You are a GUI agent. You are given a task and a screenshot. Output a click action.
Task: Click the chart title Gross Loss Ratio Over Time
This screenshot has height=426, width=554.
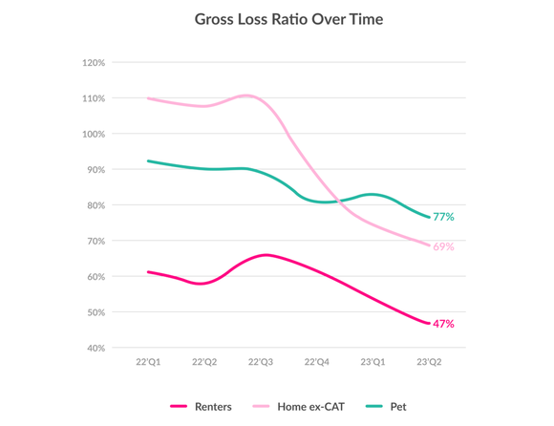point(288,19)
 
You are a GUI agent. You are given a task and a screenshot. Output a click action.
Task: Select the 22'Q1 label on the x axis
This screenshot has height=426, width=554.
point(149,363)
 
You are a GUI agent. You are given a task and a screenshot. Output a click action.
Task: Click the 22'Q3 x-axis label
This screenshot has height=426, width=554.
point(261,363)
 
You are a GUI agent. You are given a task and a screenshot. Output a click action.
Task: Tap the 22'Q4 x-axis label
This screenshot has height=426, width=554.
point(317,363)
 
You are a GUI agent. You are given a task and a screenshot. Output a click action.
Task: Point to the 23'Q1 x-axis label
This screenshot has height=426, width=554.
point(373,363)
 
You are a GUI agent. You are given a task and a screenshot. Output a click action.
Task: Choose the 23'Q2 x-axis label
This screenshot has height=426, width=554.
point(428,363)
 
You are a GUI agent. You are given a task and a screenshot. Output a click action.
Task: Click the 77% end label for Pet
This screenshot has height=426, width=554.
point(443,218)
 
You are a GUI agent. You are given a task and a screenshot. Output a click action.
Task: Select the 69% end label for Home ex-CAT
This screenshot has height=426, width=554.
point(443,247)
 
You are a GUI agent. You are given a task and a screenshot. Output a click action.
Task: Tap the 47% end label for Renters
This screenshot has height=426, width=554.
point(443,325)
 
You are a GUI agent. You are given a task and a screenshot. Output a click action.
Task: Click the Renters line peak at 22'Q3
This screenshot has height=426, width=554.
point(265,255)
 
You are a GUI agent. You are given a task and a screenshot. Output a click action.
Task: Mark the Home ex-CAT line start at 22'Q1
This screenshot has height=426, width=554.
point(148,98)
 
